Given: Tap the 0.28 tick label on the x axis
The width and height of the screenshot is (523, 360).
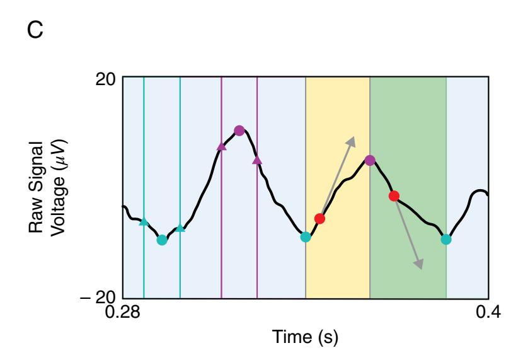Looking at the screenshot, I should point(122,313).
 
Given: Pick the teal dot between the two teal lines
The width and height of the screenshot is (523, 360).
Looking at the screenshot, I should point(162,240).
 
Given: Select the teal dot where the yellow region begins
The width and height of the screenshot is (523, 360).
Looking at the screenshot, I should point(306,237).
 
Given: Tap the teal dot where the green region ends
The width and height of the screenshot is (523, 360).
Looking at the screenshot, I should point(446,239).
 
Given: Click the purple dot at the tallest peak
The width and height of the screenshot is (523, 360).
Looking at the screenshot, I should point(239,131).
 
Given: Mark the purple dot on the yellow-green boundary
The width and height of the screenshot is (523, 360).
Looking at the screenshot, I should point(370,160).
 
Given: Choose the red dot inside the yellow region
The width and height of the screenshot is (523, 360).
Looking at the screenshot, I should point(319,219).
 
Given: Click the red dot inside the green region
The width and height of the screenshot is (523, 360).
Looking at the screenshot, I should point(394,196).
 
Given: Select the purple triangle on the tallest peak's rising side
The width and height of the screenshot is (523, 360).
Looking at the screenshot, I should point(221,146).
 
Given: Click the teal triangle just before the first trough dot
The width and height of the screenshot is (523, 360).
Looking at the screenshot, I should point(144,221).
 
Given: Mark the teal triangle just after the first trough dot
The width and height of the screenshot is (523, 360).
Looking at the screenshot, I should point(180,228).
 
